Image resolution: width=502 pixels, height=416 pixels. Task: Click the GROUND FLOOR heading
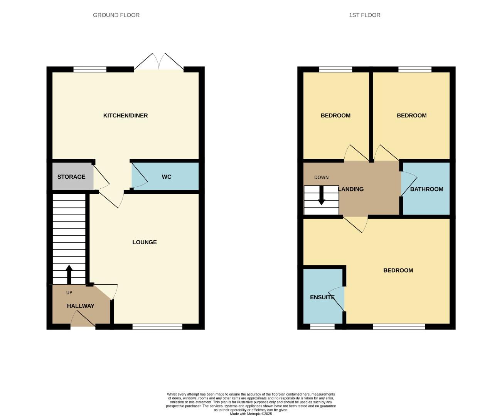116,15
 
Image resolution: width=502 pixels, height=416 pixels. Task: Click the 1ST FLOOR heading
364,15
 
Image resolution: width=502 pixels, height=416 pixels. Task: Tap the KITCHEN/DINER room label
125,116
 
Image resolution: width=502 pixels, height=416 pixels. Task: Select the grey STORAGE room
72,177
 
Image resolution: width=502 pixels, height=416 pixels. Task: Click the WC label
166,177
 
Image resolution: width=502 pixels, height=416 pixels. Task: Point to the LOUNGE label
144,242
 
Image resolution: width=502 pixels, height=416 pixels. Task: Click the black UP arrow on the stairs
69,274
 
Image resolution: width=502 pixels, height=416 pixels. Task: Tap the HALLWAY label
81,306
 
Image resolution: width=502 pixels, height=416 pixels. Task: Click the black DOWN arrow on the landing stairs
321,197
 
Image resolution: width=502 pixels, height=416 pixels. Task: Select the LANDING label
351,189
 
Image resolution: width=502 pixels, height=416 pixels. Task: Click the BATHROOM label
426,189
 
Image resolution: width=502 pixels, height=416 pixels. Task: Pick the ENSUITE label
322,297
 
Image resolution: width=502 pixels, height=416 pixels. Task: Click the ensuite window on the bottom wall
322,327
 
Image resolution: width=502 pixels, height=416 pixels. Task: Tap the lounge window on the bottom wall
157,327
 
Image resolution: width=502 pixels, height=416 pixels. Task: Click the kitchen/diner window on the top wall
90,70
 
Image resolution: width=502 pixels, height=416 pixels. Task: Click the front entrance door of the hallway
83,320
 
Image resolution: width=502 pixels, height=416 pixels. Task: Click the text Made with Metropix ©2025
251,414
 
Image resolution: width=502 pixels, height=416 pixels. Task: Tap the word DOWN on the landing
321,178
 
